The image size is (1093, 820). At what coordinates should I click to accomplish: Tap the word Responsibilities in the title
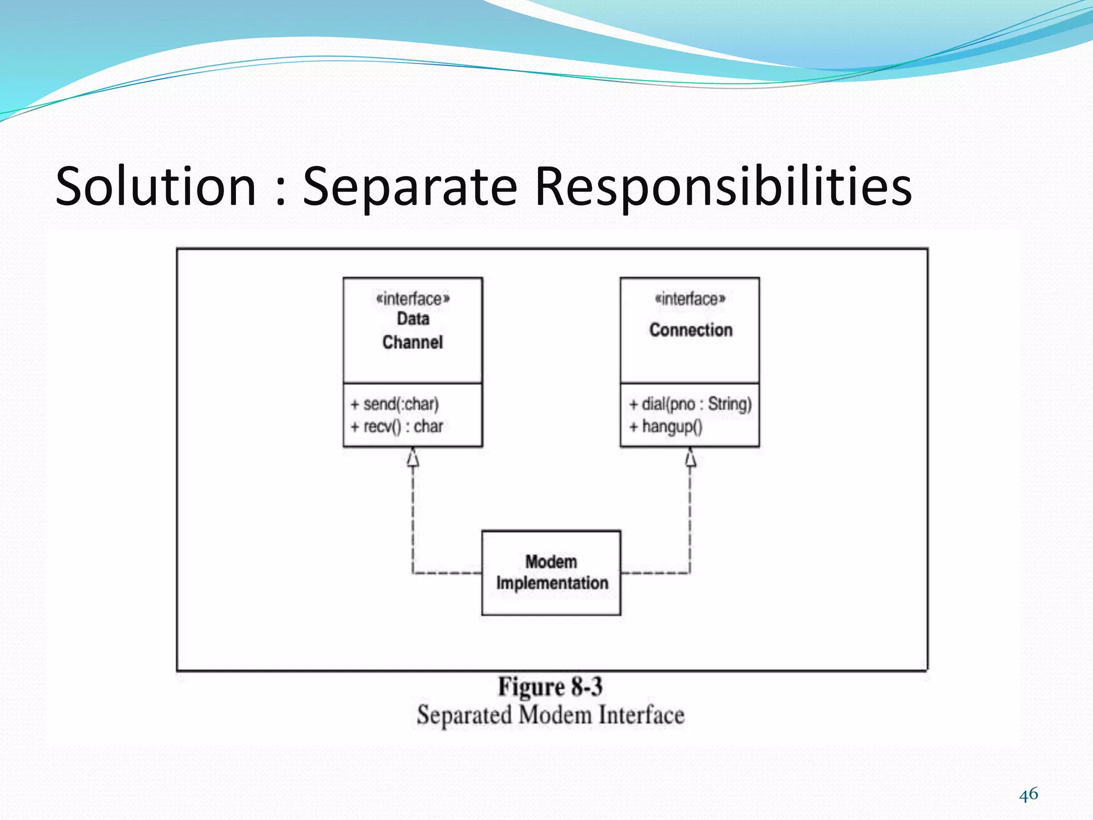(x=723, y=187)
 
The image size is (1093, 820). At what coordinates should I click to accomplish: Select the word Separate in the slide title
(x=410, y=187)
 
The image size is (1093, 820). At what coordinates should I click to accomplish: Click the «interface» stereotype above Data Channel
(x=413, y=298)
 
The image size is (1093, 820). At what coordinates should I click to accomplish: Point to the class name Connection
(x=691, y=330)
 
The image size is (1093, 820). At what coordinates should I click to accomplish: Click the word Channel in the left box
(x=413, y=342)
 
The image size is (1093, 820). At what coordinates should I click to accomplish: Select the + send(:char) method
(x=395, y=404)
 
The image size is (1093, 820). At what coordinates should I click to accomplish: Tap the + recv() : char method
(x=397, y=427)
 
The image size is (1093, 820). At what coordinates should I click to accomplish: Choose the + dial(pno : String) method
(x=690, y=404)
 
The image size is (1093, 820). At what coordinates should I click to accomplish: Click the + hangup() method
(x=666, y=427)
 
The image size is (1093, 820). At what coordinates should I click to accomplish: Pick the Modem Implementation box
(x=551, y=572)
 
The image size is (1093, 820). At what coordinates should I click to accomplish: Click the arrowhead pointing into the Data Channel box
(x=413, y=458)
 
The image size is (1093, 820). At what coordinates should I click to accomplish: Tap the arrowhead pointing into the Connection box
(x=690, y=458)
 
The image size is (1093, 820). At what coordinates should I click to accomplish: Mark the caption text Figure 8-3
(x=550, y=687)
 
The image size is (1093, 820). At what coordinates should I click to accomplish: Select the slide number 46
(x=1028, y=794)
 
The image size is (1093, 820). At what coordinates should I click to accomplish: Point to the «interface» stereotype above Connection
(x=690, y=298)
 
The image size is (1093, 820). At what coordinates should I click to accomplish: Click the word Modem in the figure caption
(x=555, y=715)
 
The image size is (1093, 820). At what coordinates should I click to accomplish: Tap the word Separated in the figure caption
(x=464, y=715)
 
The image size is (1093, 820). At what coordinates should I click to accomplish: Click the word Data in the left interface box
(x=413, y=319)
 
